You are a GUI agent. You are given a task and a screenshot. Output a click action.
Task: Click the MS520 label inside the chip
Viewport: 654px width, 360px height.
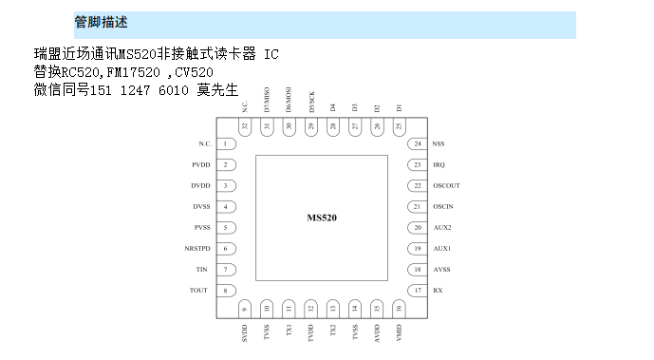pyautogui.click(x=322, y=218)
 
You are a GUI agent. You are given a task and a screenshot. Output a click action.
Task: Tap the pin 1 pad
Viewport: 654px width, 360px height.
pyautogui.click(x=225, y=143)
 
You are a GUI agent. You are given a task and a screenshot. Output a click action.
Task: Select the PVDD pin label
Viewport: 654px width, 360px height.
pyautogui.click(x=200, y=164)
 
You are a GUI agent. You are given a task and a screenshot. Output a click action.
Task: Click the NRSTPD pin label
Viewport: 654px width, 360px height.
pyautogui.click(x=197, y=248)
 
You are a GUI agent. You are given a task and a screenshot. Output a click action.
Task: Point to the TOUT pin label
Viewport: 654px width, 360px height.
pyautogui.click(x=198, y=290)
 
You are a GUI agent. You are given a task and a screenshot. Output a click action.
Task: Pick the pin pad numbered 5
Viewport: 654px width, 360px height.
pyautogui.click(x=225, y=227)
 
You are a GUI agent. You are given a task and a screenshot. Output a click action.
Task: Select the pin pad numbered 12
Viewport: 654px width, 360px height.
pyautogui.click(x=310, y=308)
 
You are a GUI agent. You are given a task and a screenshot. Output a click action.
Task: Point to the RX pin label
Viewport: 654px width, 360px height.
pyautogui.click(x=437, y=290)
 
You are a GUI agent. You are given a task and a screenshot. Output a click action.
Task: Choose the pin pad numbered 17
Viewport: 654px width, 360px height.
pyautogui.click(x=418, y=290)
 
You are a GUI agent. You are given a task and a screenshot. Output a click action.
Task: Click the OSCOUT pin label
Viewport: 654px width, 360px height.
pyautogui.click(x=445, y=185)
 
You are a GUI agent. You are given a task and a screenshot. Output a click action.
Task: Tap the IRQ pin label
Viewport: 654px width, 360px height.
pyautogui.click(x=439, y=164)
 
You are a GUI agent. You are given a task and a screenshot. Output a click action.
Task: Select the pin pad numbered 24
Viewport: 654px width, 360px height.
pyautogui.click(x=418, y=143)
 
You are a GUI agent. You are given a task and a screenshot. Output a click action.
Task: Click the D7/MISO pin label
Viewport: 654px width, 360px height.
pyautogui.click(x=267, y=100)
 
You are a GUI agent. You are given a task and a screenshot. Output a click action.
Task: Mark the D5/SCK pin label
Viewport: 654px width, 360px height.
pyautogui.click(x=310, y=102)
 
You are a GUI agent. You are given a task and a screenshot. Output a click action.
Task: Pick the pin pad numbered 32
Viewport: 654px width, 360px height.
pyautogui.click(x=245, y=126)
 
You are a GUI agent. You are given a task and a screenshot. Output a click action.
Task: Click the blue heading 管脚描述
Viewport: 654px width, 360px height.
pyautogui.click(x=100, y=22)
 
